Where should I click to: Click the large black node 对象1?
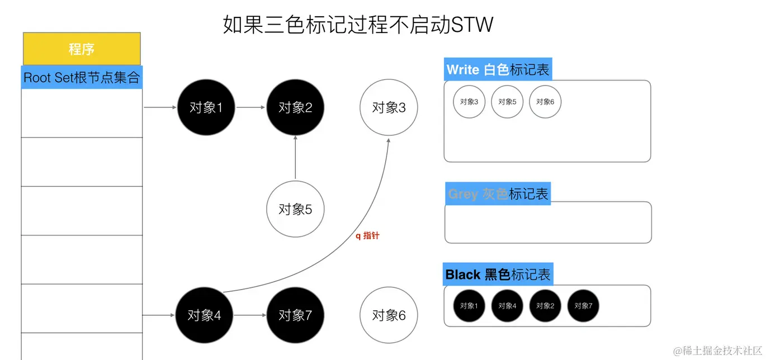point(206,107)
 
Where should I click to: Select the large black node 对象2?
point(295,107)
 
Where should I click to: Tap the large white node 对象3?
point(389,107)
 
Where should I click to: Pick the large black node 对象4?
point(204,315)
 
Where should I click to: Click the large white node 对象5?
point(295,209)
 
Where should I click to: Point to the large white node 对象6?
point(389,315)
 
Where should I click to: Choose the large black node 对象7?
point(295,315)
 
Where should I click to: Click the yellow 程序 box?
point(82,49)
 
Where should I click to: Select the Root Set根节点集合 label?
point(82,77)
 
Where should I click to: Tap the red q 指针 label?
point(367,236)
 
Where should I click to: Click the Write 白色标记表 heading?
point(498,69)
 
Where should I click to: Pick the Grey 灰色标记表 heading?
point(498,194)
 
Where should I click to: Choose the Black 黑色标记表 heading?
point(498,274)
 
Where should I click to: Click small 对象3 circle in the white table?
point(469,102)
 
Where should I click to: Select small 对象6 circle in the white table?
point(545,102)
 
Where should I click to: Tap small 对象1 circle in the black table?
point(469,306)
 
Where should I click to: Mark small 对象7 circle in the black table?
point(583,306)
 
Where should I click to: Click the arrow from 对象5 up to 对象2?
point(295,158)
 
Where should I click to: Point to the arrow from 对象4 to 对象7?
point(249,315)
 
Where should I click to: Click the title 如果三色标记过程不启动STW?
point(358,25)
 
